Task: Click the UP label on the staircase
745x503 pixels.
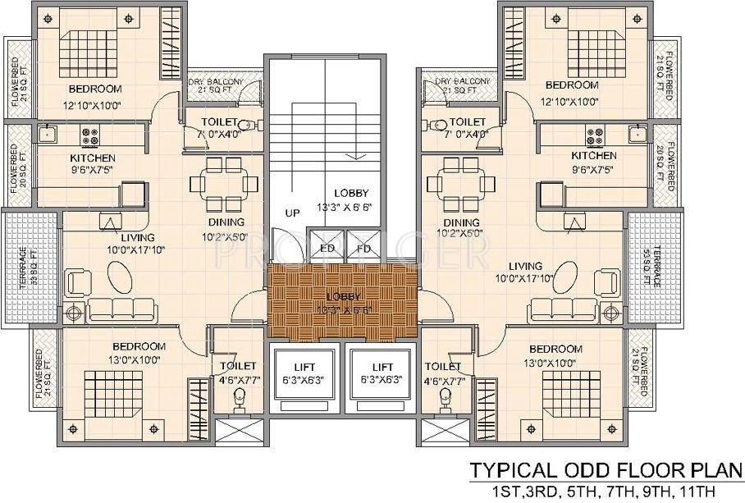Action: pos(291,212)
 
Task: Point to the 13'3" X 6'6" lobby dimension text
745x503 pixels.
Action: pos(351,206)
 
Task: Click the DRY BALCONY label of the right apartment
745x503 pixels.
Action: pos(463,82)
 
